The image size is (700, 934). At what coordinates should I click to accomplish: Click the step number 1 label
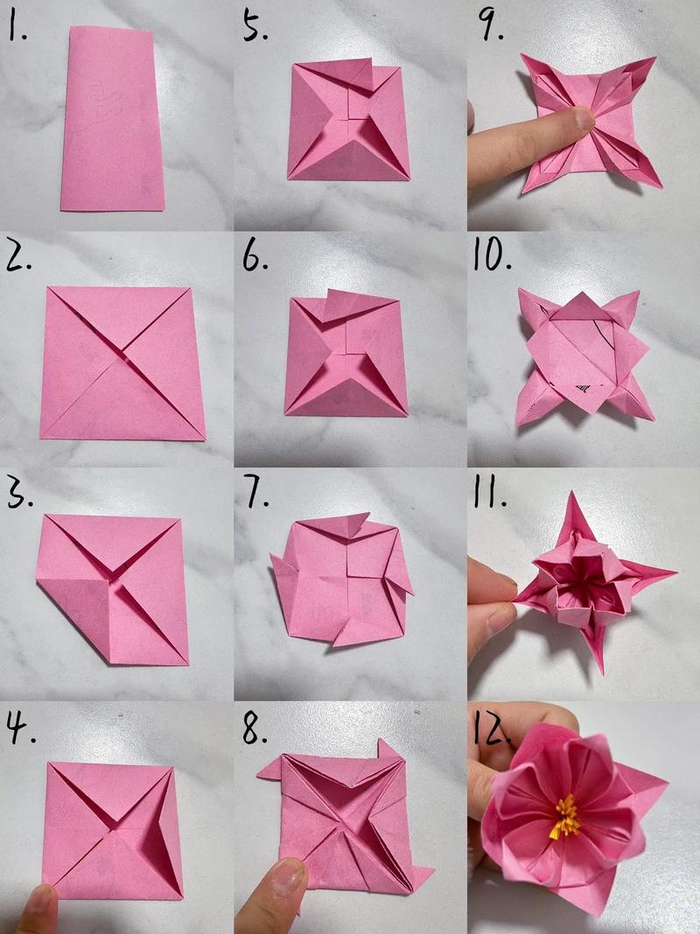[x=17, y=26]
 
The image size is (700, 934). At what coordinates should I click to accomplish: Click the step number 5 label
[x=255, y=26]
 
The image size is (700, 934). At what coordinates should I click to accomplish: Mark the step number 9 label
[x=491, y=26]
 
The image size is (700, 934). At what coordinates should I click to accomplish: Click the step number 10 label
[x=493, y=256]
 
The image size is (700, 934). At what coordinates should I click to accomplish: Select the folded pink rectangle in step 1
[x=113, y=119]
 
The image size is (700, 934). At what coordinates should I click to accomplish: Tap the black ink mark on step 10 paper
[x=582, y=389]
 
